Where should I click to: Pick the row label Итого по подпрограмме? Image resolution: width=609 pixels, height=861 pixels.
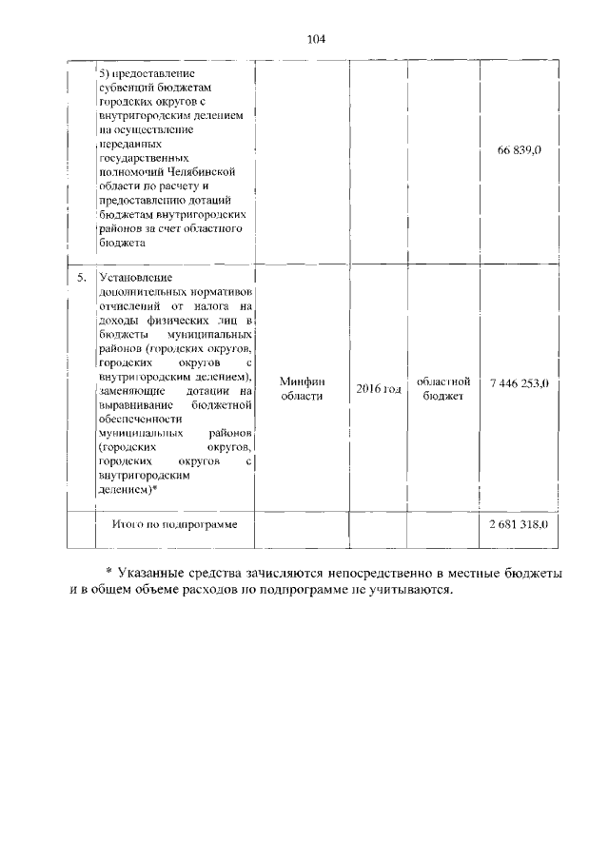click(x=175, y=524)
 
